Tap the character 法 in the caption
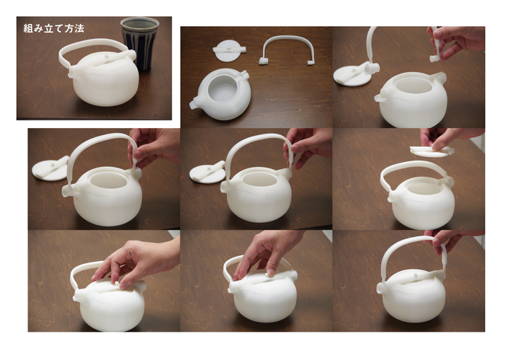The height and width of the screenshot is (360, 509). [79, 28]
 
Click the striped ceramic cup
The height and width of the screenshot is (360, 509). [140, 42]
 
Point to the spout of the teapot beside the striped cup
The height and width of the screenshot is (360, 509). [73, 73]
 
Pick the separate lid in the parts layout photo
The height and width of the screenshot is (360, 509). [229, 50]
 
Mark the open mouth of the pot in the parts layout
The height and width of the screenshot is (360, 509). [223, 88]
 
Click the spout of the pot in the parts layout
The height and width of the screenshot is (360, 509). [194, 104]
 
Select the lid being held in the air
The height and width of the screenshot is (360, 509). [432, 151]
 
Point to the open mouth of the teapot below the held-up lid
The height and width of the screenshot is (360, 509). [422, 188]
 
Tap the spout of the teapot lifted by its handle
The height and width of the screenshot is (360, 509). [382, 288]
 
